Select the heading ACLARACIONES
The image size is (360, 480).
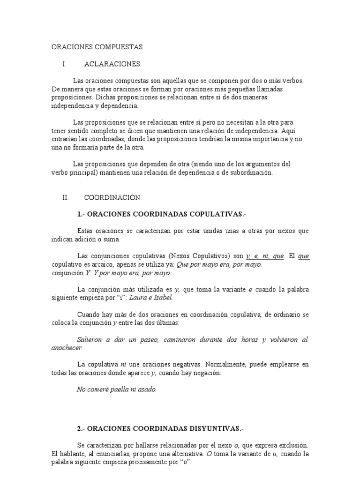(x=112, y=64)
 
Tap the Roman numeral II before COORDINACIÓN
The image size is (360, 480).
(x=66, y=198)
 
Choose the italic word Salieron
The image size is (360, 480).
(x=90, y=339)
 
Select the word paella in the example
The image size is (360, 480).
(x=120, y=390)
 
